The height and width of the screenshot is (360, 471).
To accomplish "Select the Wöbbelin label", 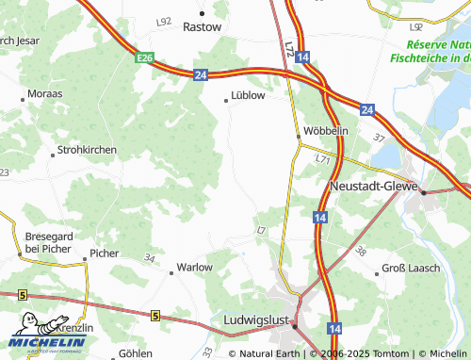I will (x=326, y=130).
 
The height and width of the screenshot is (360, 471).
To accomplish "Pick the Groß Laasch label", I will (x=411, y=269).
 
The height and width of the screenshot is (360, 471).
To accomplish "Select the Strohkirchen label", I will (x=87, y=149).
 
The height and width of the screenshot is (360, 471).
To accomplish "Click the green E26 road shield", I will (x=144, y=58).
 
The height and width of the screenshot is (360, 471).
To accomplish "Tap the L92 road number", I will (x=165, y=21).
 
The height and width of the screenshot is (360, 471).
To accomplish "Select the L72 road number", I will (x=288, y=45).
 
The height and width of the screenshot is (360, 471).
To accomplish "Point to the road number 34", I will (x=150, y=257).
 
